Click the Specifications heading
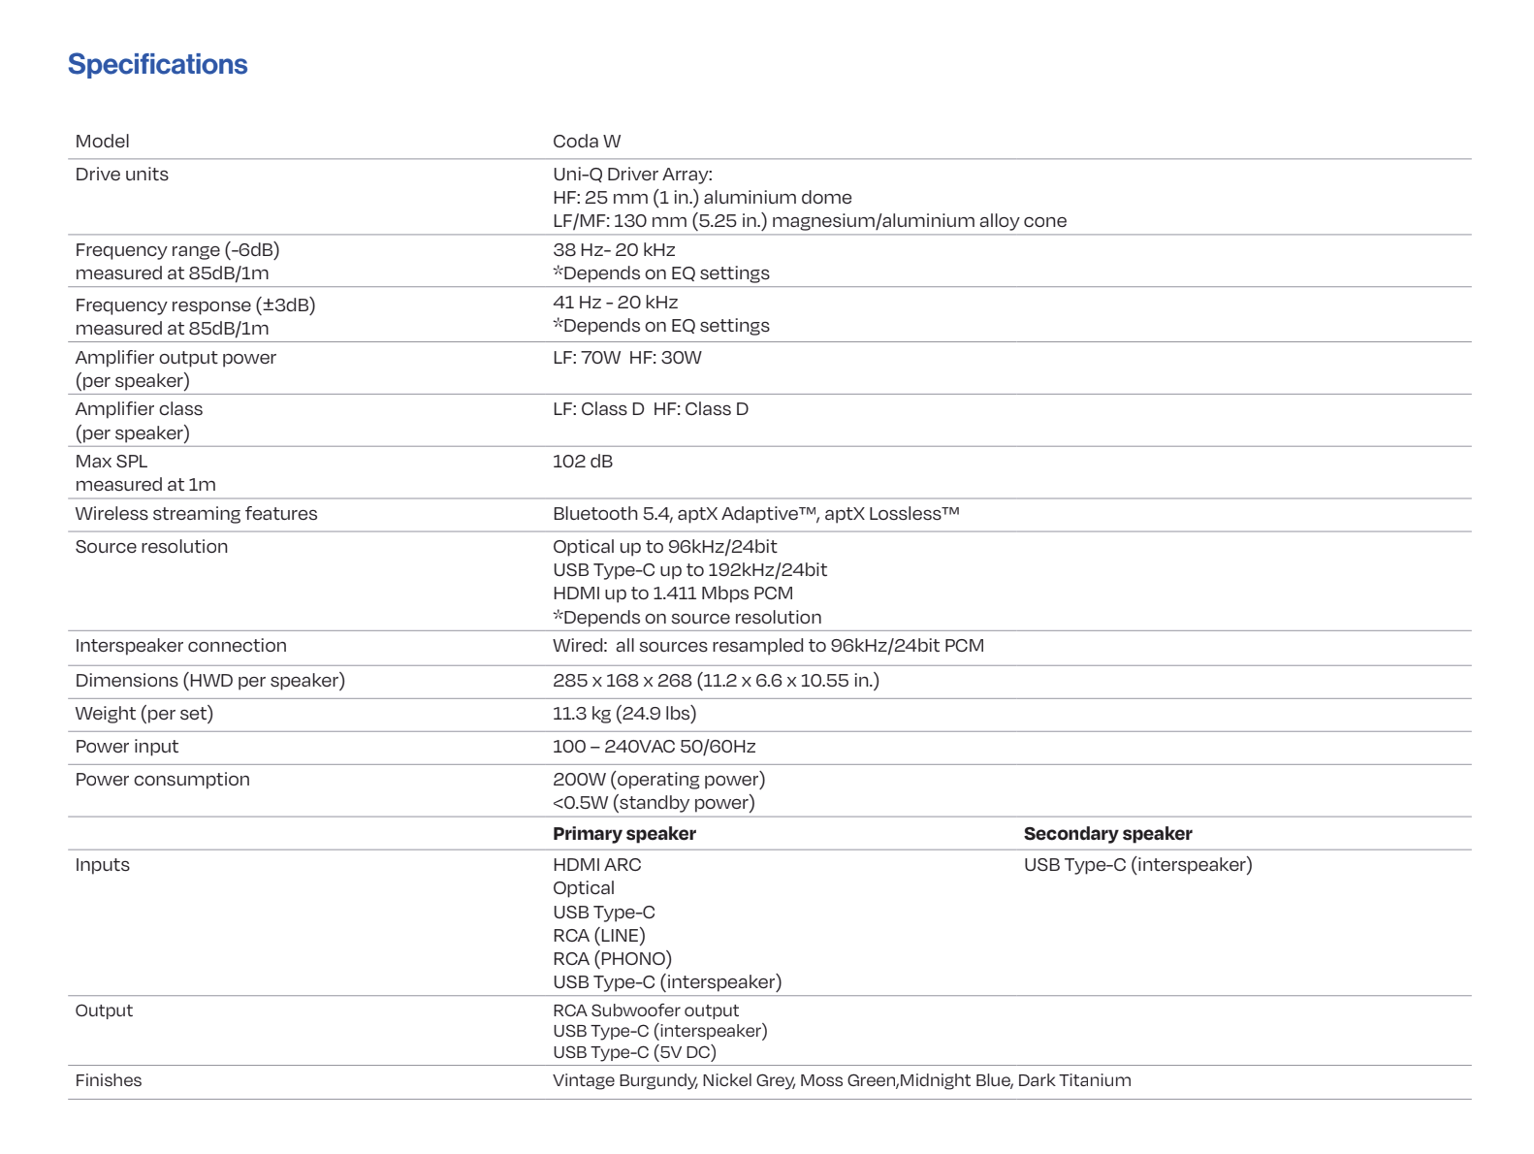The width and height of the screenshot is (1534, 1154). tap(157, 64)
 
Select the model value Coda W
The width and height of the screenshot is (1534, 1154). tap(586, 142)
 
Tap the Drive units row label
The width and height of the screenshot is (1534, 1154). tap(121, 175)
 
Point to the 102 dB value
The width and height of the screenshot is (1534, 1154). tap(582, 462)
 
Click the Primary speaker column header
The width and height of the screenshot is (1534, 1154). tap(623, 834)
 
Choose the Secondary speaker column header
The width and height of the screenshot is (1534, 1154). tap(1107, 834)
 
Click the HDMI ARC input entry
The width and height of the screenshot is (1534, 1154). tap(596, 865)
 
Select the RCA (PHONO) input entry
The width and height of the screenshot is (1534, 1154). tap(612, 959)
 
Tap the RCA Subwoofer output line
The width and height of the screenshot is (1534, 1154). tap(645, 1010)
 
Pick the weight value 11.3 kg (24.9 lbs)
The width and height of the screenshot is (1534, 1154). tap(623, 714)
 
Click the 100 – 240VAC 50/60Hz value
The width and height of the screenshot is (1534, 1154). tap(654, 747)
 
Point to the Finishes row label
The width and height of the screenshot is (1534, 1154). tap(108, 1080)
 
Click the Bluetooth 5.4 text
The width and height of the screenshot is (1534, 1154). tap(611, 514)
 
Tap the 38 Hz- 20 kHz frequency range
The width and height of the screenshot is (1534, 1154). tap(614, 250)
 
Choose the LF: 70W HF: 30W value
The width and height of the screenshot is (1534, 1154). tap(626, 358)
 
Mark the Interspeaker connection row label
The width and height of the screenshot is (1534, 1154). tap(180, 646)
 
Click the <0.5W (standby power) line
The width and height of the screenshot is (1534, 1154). tap(653, 803)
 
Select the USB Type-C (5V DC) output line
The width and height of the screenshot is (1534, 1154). tap(634, 1052)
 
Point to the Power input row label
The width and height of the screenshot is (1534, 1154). tap(126, 747)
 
